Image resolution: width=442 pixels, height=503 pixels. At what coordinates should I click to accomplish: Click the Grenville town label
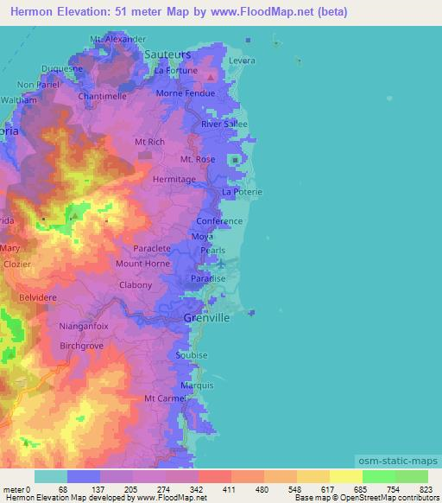pos(206,318)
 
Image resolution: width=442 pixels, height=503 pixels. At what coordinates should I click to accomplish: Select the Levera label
pos(244,60)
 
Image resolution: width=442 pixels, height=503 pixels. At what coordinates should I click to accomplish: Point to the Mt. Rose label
pos(198,160)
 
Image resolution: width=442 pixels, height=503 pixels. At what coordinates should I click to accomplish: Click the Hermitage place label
pos(174,179)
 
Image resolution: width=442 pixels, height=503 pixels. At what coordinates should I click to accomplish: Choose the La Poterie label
pos(242,191)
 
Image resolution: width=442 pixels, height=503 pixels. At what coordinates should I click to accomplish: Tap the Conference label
pos(219,221)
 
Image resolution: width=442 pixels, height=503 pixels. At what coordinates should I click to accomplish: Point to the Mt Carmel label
pos(164,398)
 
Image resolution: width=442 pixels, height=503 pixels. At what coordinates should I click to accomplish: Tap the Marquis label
pos(198,385)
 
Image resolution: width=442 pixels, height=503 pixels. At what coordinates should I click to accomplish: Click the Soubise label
pos(192,355)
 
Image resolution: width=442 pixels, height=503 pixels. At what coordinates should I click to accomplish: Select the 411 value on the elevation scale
pos(230,489)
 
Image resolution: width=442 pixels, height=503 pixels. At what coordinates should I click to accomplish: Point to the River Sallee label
pos(224,124)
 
